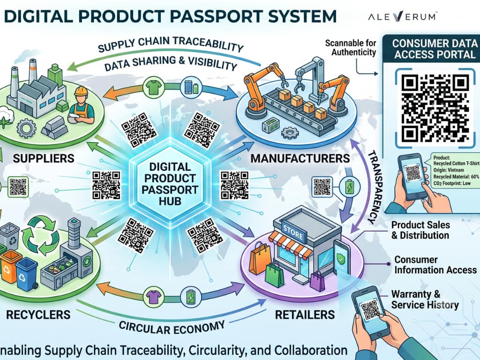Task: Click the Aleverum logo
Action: tap(403, 16)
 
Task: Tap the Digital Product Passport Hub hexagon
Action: tap(170, 184)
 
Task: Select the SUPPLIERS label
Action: tap(44, 158)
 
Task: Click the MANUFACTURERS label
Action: tap(300, 158)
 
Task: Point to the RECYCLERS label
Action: tap(38, 315)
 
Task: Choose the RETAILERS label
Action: tap(305, 315)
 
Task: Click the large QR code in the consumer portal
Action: tap(435, 108)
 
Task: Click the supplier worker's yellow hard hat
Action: tap(82, 91)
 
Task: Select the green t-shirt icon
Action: tap(153, 87)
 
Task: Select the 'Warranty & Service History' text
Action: tap(425, 300)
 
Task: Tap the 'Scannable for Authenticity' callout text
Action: tap(351, 47)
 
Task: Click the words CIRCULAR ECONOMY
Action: tap(172, 327)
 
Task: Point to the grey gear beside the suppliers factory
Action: tap(26, 128)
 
